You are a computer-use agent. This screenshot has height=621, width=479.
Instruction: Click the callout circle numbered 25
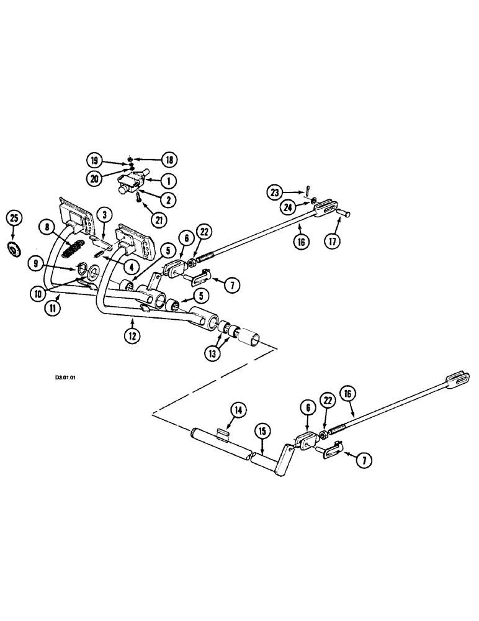15,219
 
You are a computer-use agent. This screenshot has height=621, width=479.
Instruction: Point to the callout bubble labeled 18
168,160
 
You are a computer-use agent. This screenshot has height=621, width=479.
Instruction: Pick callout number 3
106,215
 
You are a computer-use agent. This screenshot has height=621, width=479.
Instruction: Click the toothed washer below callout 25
15,250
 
